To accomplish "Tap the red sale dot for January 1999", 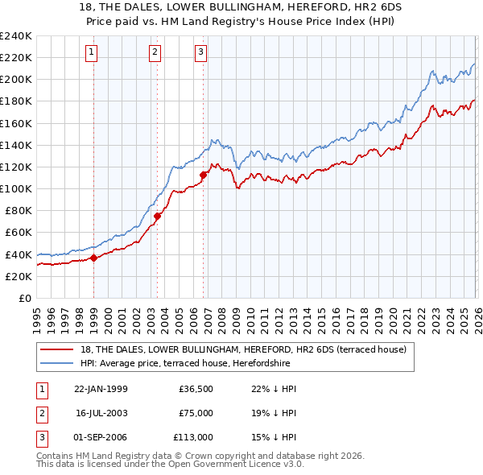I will click(93, 258).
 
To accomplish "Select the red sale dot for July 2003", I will click(157, 216).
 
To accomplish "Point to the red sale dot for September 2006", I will click(203, 174).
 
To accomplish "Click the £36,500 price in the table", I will click(196, 389).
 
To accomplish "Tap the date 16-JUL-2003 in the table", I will click(101, 413).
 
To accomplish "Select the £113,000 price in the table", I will click(194, 437).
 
